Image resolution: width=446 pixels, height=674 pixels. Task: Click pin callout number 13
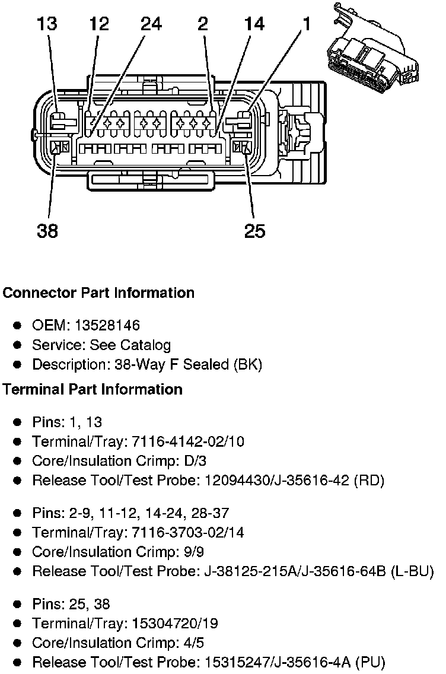tap(47, 24)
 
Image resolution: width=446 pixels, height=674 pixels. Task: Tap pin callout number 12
tap(100, 24)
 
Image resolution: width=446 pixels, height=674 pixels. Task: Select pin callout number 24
tap(151, 24)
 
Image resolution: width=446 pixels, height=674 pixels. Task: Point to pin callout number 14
tap(255, 24)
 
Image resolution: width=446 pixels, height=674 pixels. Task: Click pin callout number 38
tap(47, 230)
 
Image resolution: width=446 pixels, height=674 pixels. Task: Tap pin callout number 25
tap(255, 230)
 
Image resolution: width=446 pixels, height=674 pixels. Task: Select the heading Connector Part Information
tap(98, 293)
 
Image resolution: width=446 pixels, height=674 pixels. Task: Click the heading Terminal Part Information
tap(93, 389)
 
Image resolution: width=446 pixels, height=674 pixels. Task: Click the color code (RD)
tap(369, 481)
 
